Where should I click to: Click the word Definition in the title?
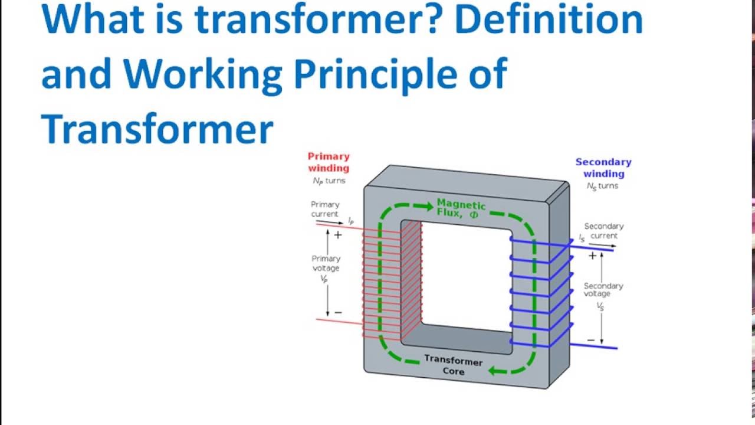(x=549, y=19)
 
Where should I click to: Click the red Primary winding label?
(x=329, y=162)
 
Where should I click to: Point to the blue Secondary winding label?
(x=603, y=168)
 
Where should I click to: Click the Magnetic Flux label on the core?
(x=461, y=209)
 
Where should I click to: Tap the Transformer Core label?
(x=453, y=366)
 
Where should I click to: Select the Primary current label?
(x=325, y=209)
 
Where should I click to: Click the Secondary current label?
(x=603, y=231)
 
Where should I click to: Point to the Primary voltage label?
(x=326, y=263)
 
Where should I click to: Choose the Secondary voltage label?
(x=603, y=289)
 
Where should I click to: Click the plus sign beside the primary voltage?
(x=338, y=235)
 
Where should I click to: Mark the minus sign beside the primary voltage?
(x=338, y=312)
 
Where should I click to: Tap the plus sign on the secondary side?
(x=592, y=256)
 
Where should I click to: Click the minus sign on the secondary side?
(x=591, y=340)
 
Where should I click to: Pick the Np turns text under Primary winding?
(x=329, y=181)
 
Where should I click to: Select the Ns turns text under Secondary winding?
(x=602, y=186)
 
